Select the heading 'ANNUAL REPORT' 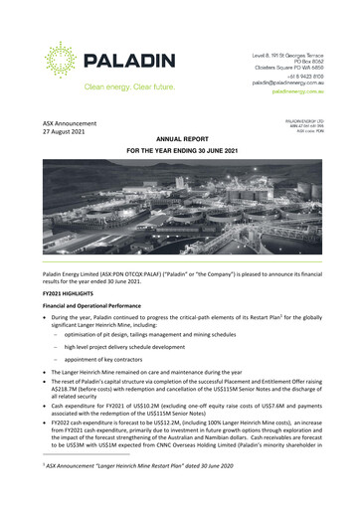[x=180, y=140]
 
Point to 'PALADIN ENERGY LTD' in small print [x=311, y=116]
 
